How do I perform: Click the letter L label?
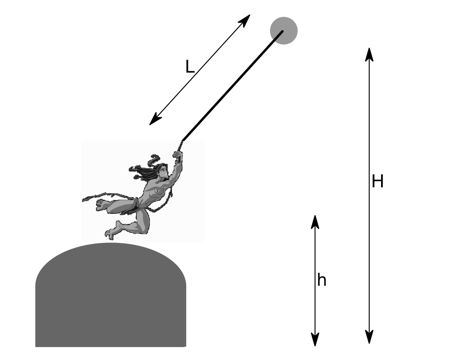190,67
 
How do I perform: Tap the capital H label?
378,182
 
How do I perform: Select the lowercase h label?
321,280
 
